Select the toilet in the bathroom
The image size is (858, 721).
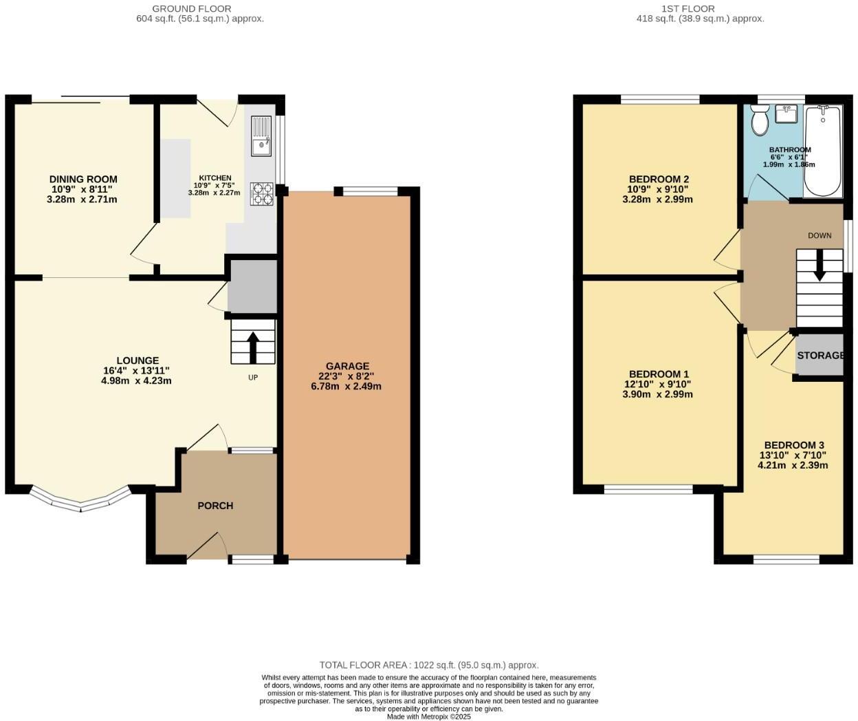point(760,120)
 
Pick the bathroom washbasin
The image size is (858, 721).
point(786,114)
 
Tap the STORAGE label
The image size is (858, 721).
point(820,355)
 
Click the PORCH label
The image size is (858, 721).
point(215,506)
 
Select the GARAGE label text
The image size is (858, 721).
point(347,366)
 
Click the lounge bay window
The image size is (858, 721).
point(80,502)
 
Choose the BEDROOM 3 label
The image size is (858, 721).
point(793,445)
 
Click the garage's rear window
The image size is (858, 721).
point(366,191)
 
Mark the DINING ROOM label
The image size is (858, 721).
point(83,180)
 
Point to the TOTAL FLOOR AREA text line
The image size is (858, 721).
point(428,665)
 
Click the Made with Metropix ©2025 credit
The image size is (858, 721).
point(428,716)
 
